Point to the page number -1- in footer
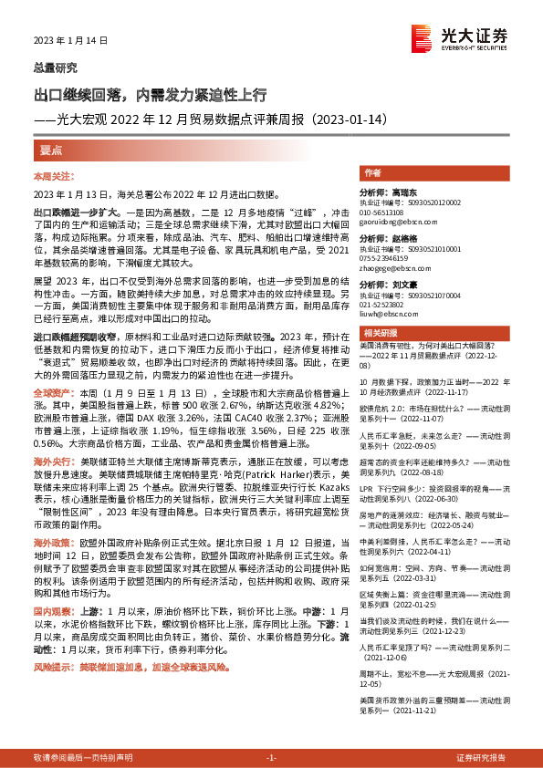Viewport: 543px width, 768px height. coord(270,759)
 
